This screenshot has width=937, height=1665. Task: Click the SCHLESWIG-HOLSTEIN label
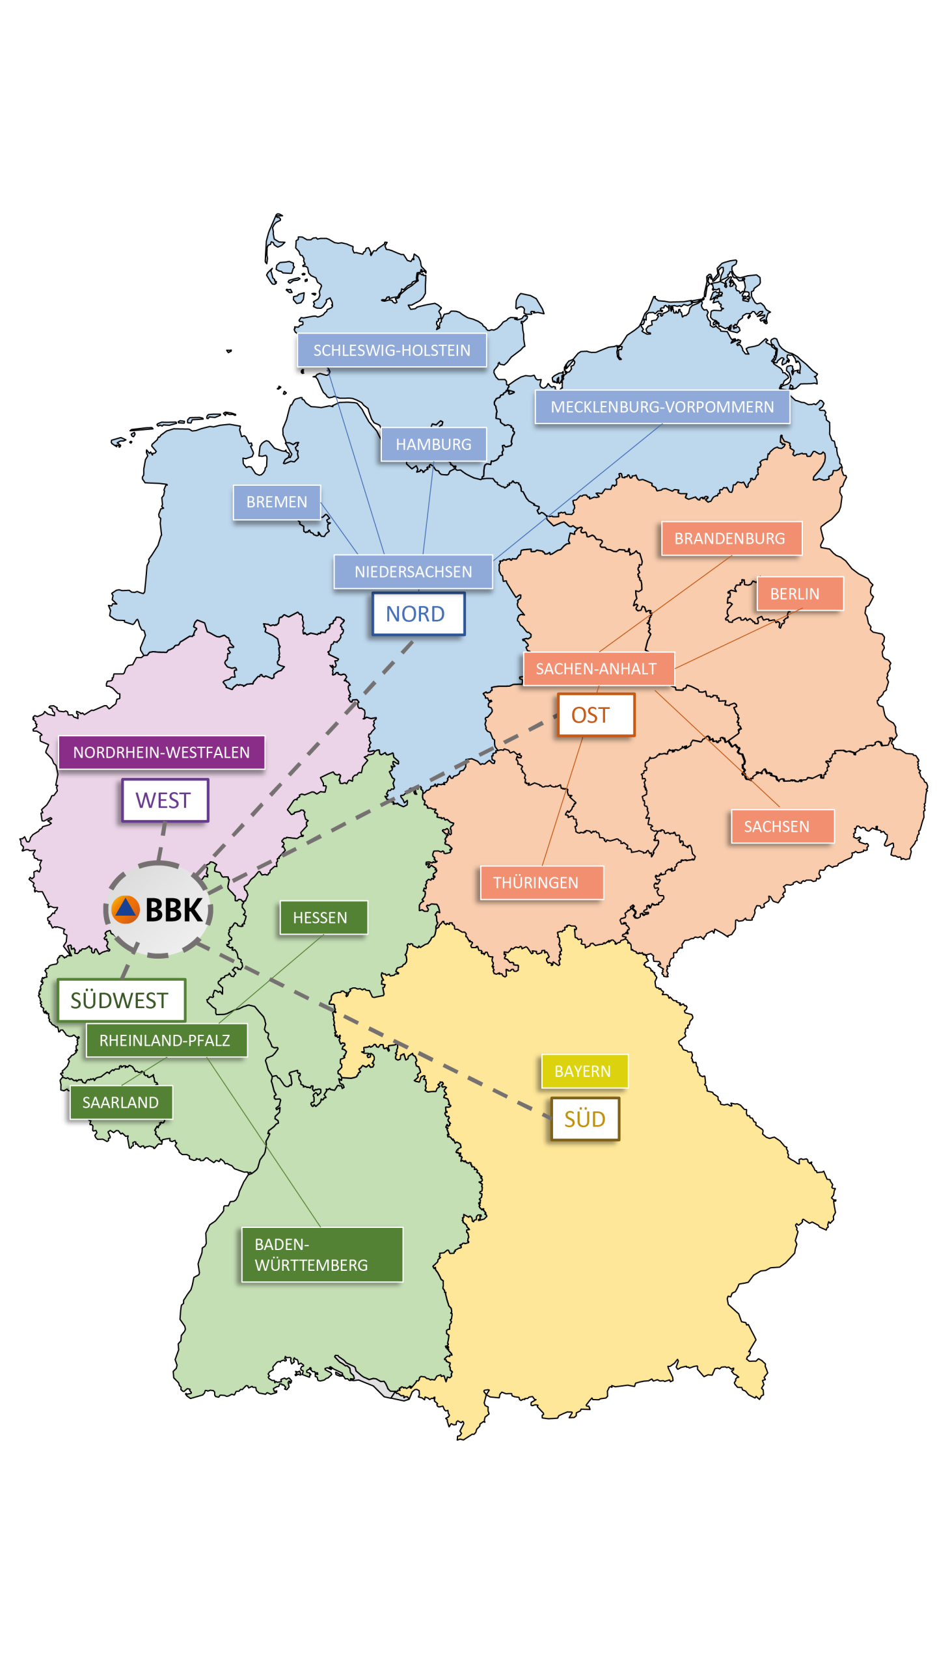click(x=392, y=350)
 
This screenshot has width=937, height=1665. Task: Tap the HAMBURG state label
click(x=433, y=444)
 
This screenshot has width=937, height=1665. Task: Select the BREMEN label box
click(x=277, y=502)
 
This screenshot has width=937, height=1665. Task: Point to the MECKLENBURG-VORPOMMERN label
click(x=662, y=406)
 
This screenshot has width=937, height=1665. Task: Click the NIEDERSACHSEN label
click(x=413, y=572)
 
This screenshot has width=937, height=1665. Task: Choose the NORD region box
click(x=418, y=613)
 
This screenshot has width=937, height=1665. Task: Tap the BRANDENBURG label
click(x=731, y=539)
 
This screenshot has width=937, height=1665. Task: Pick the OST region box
click(x=595, y=715)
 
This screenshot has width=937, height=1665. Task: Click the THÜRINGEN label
click(x=541, y=883)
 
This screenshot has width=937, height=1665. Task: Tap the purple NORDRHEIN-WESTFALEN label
click(x=161, y=752)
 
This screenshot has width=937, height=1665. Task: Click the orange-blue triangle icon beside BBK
click(x=126, y=909)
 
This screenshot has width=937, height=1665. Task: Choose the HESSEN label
click(x=323, y=917)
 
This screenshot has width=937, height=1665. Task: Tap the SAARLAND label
click(x=121, y=1102)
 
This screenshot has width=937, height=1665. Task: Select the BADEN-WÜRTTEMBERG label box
click(x=322, y=1255)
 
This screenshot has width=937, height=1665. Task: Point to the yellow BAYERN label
click(x=584, y=1071)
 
